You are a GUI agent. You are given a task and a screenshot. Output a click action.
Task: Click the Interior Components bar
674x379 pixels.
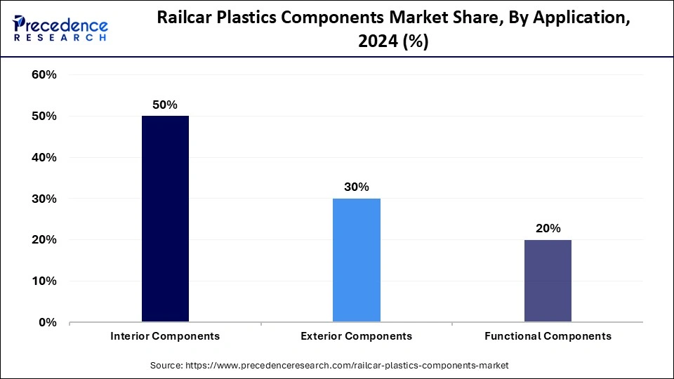coord(165,219)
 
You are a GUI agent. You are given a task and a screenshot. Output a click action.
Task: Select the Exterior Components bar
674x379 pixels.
coord(357,260)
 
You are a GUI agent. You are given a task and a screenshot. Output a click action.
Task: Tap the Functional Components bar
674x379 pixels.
coord(548,281)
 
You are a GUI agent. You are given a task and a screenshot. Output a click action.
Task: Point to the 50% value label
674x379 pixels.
coord(165,105)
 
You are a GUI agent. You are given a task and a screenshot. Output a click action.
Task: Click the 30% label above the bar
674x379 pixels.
coord(357,187)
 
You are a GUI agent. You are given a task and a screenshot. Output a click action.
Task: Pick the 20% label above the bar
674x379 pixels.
coord(548,228)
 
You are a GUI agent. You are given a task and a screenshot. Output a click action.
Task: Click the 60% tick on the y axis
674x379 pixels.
coord(44,75)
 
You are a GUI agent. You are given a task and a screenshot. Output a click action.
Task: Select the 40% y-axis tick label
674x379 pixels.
coord(44,158)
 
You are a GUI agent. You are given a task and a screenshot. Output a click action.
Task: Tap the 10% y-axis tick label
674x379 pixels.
coord(44,281)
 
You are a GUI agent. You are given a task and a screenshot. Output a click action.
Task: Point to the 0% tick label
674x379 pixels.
coord(48,323)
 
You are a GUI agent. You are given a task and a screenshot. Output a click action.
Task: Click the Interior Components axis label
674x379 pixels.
coord(165,336)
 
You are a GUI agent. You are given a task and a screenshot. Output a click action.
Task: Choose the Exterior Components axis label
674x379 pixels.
coord(357,336)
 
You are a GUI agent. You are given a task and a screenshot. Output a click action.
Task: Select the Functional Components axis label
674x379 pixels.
coord(548,336)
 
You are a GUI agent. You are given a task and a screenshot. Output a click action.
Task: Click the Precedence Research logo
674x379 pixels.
coord(60,29)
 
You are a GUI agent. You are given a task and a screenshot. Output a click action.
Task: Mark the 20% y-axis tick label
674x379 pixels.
coord(44,240)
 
